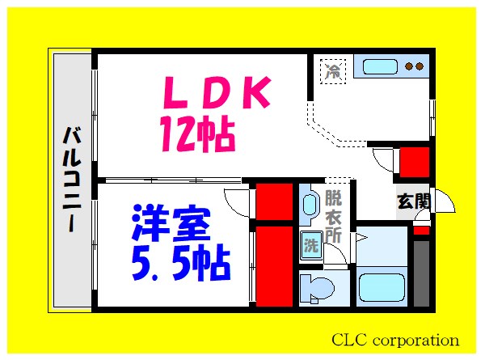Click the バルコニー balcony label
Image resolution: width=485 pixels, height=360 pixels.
pyautogui.click(x=71, y=180)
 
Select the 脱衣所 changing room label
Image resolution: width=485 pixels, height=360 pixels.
pyautogui.click(x=333, y=216)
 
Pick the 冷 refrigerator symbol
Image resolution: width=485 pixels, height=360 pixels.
pyautogui.click(x=332, y=70)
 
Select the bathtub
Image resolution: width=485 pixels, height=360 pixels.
pyautogui.click(x=382, y=287)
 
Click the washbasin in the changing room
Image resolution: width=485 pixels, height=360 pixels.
pyautogui.click(x=310, y=207)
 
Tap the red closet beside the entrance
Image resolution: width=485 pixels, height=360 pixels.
pyautogui.click(x=414, y=162)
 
